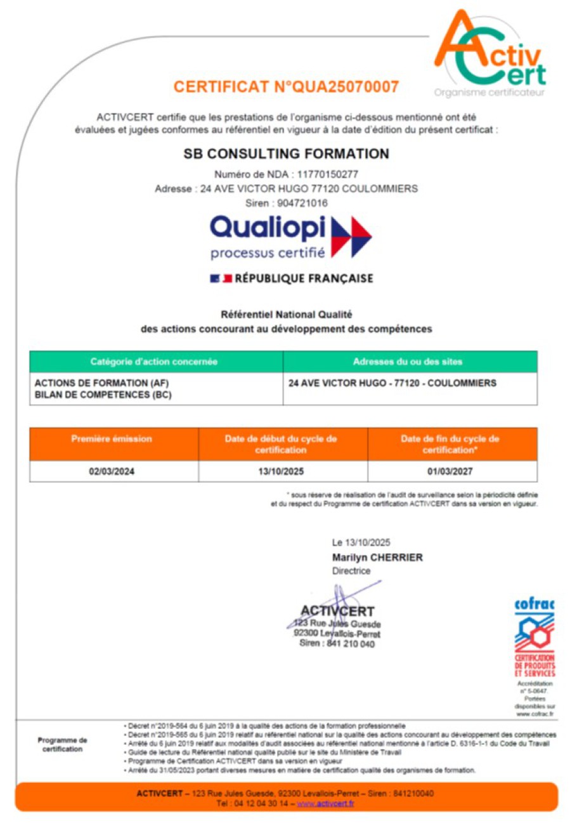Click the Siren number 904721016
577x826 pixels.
pos(302,203)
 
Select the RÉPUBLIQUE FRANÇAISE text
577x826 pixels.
pos(303,279)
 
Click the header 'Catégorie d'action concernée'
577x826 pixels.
pos(154,362)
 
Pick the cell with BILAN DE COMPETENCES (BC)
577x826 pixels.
pos(103,395)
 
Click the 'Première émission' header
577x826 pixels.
pos(112,439)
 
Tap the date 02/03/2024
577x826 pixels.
pos(112,471)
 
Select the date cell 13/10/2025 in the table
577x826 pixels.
pos(282,471)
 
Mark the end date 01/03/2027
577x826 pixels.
pos(451,471)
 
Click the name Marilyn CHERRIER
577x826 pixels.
pos(377,557)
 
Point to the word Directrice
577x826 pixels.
pos(351,571)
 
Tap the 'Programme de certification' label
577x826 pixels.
pos(62,744)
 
